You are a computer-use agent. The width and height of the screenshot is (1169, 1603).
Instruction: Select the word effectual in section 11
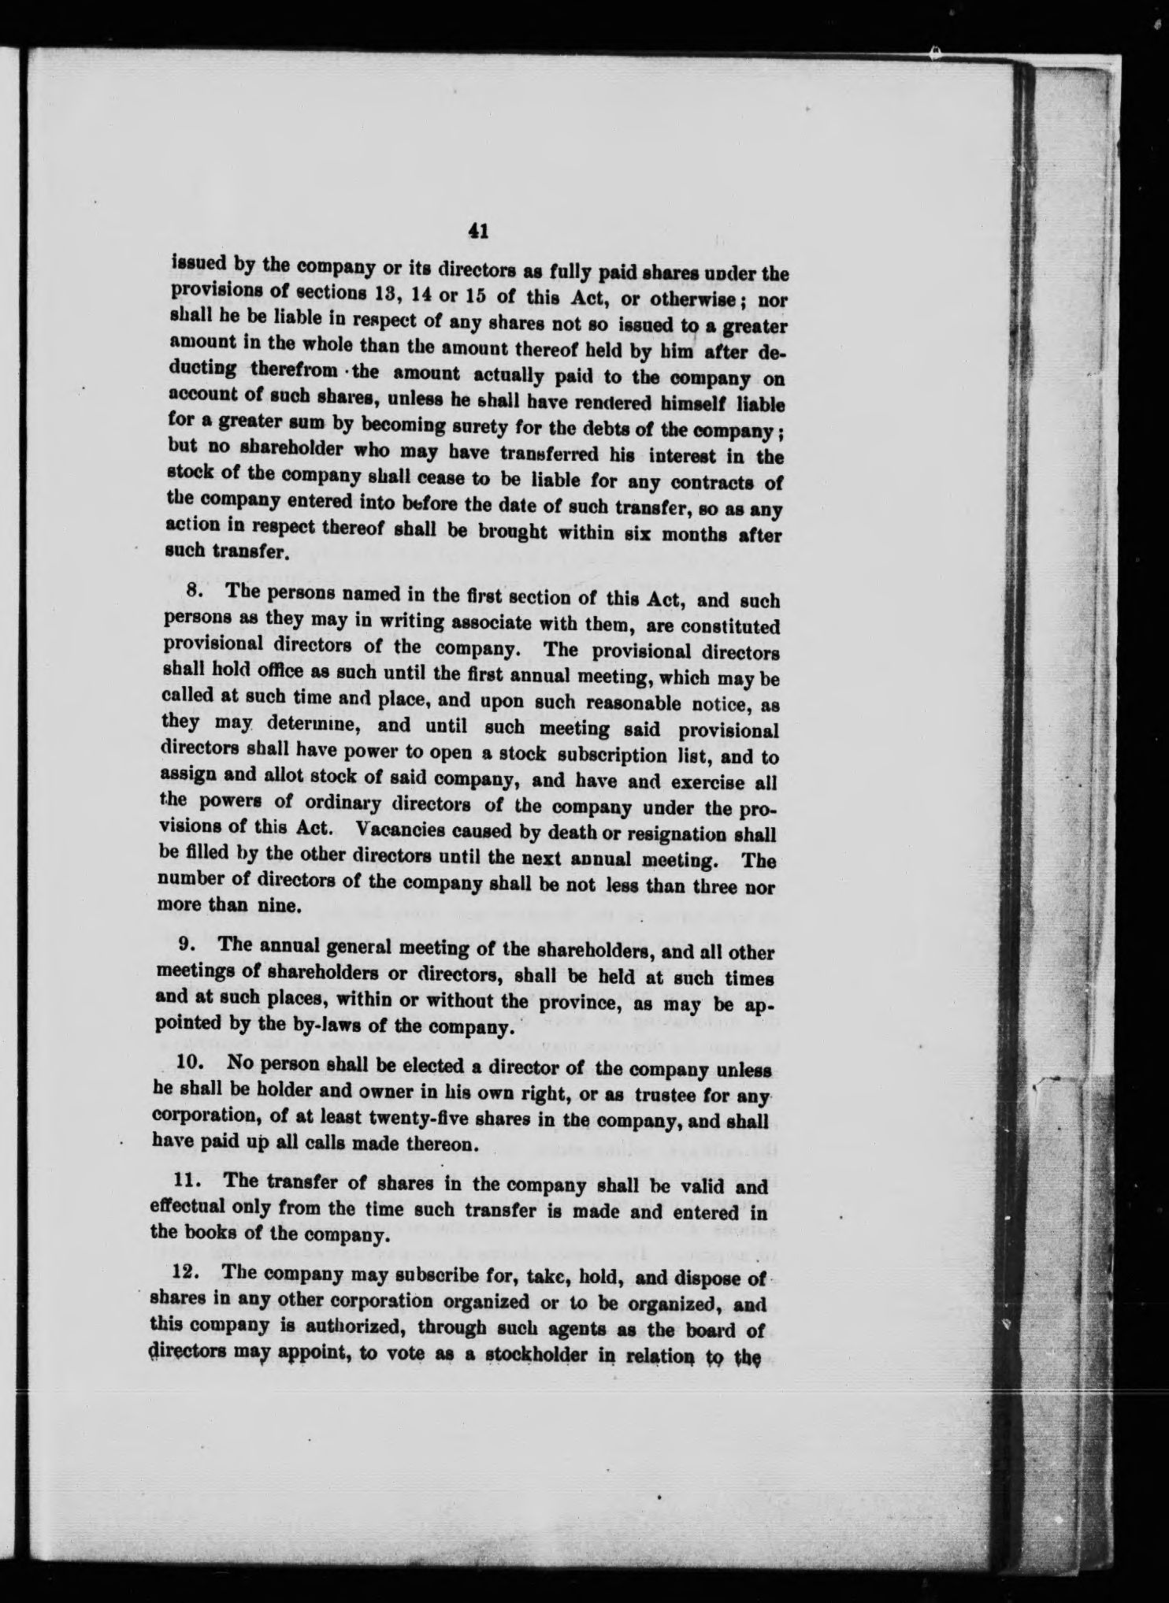coord(185,1209)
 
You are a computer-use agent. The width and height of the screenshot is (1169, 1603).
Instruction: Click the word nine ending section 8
coord(259,906)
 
